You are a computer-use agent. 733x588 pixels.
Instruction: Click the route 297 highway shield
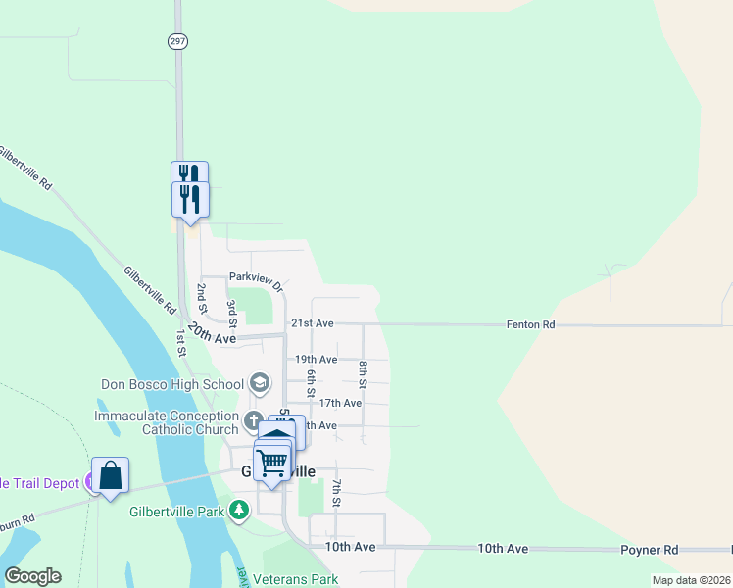177,41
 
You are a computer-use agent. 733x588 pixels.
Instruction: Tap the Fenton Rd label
530,324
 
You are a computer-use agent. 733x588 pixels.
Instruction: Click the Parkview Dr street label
256,282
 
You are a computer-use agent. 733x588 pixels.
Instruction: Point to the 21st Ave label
313,323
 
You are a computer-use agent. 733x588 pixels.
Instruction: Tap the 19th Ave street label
316,360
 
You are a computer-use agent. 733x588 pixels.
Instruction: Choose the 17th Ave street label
340,403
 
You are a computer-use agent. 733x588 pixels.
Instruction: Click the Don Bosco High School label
171,383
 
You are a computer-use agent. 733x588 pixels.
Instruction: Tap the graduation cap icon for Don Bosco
260,382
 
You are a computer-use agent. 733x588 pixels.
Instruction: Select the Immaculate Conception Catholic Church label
167,422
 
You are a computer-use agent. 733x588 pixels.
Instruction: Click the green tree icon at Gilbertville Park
238,510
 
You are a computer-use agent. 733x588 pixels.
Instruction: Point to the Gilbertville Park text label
176,511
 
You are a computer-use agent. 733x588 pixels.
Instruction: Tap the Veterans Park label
295,579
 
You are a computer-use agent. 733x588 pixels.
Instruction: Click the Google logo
32,576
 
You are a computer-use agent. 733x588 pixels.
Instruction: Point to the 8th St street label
363,374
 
